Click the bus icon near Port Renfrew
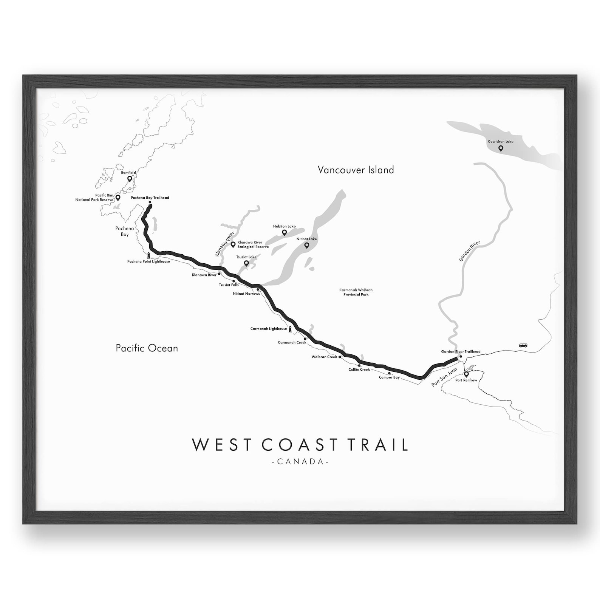tap(523, 345)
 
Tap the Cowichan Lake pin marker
tap(501, 148)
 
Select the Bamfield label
tap(128, 173)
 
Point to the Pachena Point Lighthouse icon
tap(148, 256)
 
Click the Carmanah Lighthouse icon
tap(291, 329)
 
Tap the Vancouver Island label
tap(356, 170)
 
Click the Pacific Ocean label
tap(147, 348)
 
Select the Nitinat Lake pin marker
tap(307, 245)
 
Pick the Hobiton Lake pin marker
tap(285, 232)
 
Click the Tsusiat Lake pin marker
tap(246, 263)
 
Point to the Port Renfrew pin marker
tap(466, 374)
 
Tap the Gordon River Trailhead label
tap(461, 352)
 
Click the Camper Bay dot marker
tap(389, 373)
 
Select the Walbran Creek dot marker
tap(340, 357)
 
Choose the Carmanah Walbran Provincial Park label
tap(356, 292)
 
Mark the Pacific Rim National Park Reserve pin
tap(118, 197)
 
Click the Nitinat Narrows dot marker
tap(258, 290)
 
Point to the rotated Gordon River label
tap(469, 251)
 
